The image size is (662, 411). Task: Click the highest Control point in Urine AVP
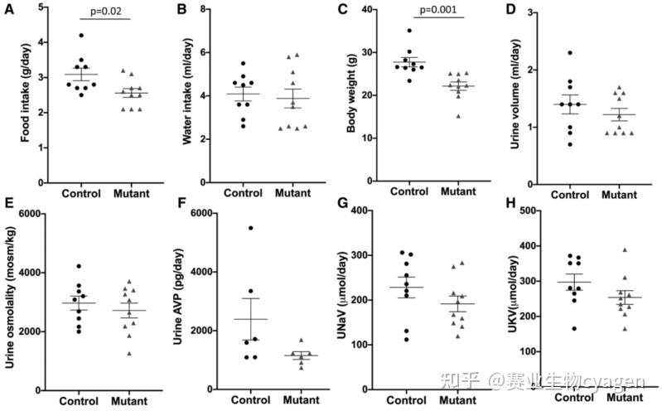click(x=250, y=228)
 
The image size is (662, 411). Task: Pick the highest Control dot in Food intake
click(x=81, y=36)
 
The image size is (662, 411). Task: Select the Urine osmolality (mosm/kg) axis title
click(x=11, y=301)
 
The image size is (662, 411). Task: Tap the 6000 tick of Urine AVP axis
click(x=205, y=214)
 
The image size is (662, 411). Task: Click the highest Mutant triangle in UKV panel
click(x=624, y=249)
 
